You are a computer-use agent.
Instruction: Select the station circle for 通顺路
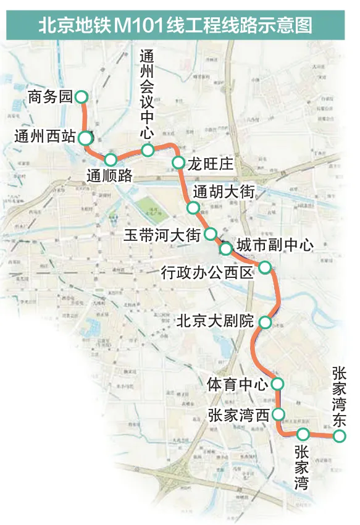coord(111,159)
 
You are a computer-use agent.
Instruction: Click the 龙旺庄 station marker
coord(178,162)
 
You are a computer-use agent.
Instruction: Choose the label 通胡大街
coord(223,191)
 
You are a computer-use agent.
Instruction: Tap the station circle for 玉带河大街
coord(211,234)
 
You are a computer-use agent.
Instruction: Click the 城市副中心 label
coord(275,245)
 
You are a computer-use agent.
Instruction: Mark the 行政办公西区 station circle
coord(264,267)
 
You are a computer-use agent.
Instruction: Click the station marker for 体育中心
coord(277,384)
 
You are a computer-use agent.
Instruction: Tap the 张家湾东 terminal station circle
coord(339,436)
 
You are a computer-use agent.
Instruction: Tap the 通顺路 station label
coord(110,175)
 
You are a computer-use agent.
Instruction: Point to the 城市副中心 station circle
coord(226,248)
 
